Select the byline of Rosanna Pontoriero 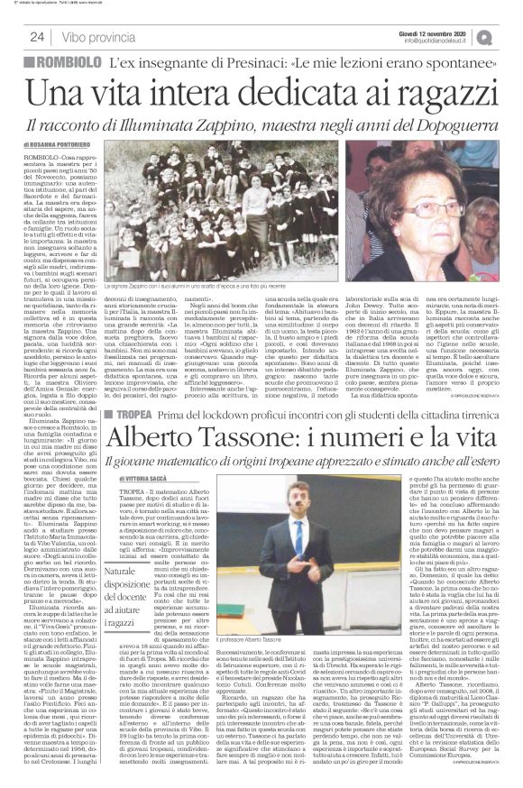[x=56, y=143]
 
